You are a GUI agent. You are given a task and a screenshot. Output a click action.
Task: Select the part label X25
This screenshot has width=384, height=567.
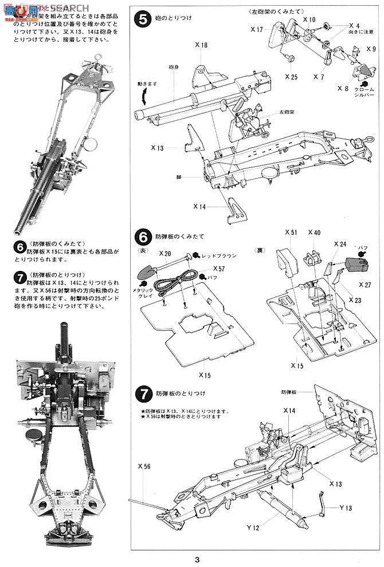(291, 76)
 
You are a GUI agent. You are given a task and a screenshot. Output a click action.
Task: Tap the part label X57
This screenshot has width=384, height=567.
(219, 268)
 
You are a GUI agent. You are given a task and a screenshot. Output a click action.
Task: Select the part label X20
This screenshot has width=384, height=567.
(166, 253)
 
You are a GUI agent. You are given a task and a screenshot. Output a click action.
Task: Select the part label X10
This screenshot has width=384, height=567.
(309, 19)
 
